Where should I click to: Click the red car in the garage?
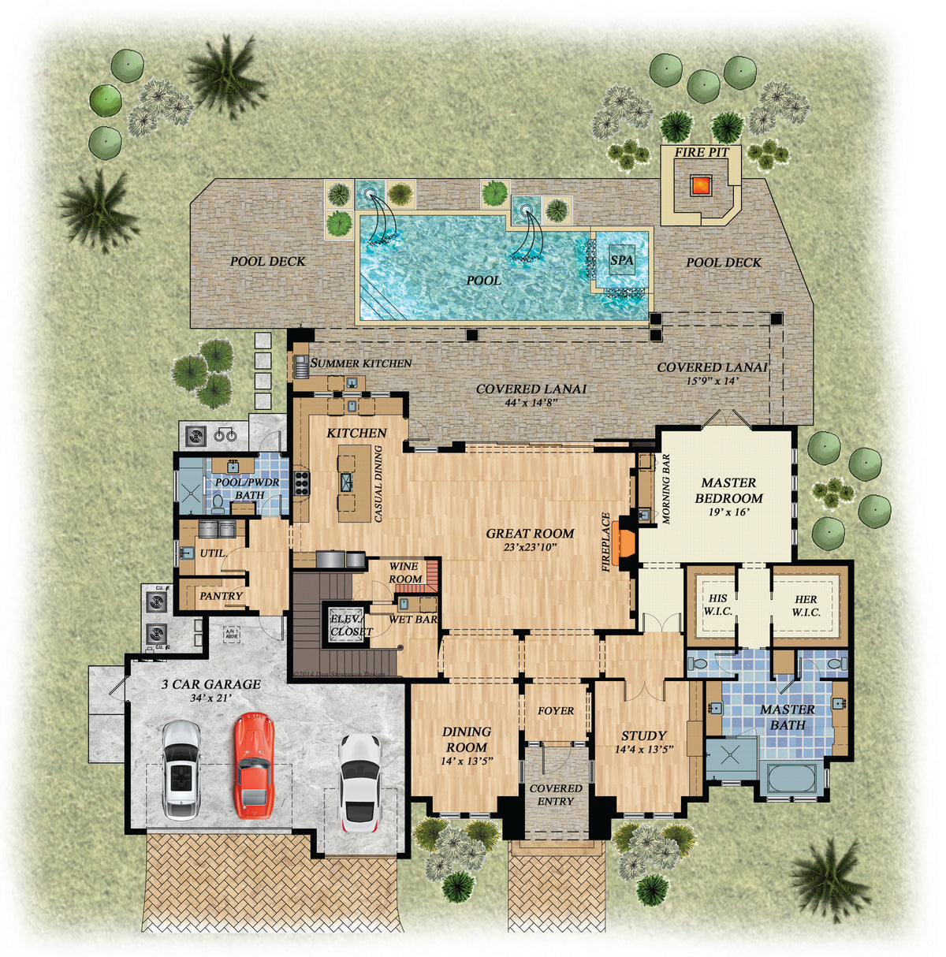tap(253, 765)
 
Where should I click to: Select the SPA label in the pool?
tap(621, 259)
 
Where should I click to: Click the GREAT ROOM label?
tap(530, 534)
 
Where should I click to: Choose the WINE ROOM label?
tap(405, 573)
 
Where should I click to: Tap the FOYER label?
tap(556, 711)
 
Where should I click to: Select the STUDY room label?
tap(643, 735)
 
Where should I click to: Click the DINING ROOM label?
tap(466, 739)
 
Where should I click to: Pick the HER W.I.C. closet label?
tap(806, 605)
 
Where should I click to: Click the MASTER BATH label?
tap(787, 717)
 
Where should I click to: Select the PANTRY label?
tap(221, 596)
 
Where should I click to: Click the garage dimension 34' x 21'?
tap(210, 698)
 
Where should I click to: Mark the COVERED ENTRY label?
tap(556, 795)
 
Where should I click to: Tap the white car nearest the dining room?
tap(359, 782)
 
